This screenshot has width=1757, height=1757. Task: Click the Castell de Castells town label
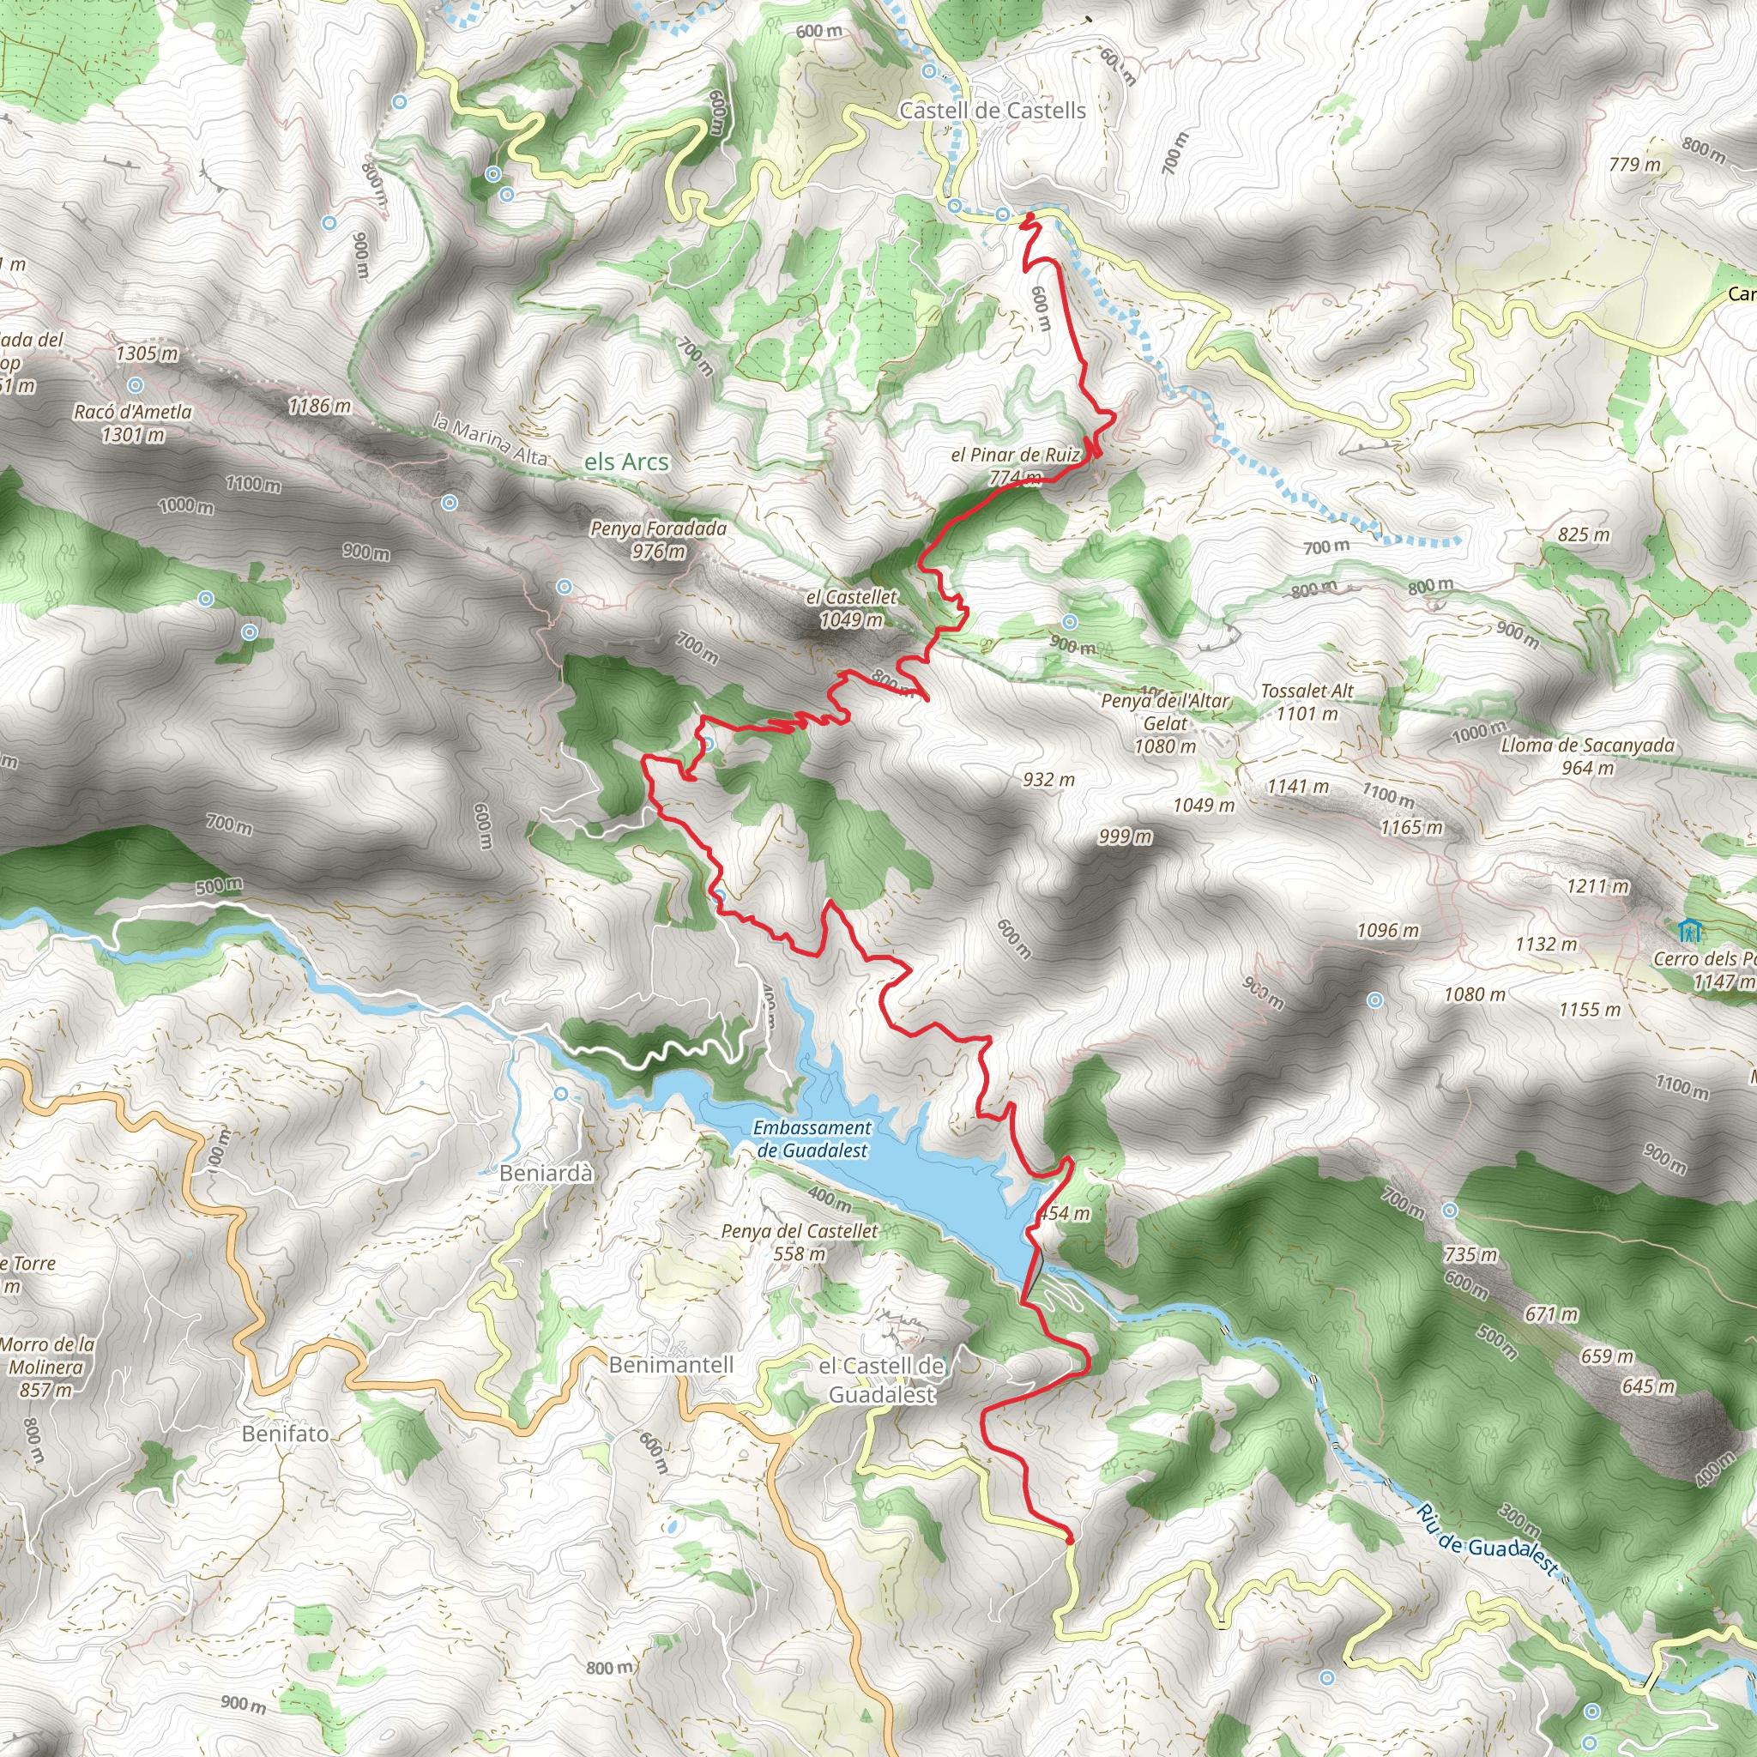993,111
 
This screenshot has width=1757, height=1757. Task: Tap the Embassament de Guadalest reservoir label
812,1138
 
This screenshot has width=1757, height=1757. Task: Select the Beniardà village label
546,1173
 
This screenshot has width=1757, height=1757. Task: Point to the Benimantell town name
671,1364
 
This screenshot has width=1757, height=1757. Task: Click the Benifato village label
286,1434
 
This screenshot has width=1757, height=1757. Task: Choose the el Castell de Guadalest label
881,1380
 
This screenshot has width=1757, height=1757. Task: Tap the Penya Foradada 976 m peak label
658,540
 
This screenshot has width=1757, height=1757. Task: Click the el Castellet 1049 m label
851,608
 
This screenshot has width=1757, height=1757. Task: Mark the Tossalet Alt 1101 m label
1307,702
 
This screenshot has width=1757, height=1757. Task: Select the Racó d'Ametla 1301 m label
133,423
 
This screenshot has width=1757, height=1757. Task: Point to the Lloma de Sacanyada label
1587,756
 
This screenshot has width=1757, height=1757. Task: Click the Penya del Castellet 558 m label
800,1242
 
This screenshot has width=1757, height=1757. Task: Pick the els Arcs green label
625,462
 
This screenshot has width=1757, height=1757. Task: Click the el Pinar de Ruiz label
1015,455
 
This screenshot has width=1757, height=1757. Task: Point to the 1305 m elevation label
148,353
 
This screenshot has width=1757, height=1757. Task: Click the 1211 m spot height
1597,885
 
